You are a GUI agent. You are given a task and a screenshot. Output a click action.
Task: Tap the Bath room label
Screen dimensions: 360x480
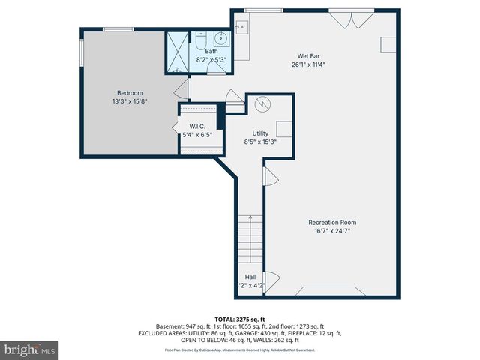[211, 52]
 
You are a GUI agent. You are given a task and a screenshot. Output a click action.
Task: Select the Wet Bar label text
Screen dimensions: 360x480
[308, 55]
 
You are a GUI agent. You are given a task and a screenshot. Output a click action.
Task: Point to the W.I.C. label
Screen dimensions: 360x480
[197, 127]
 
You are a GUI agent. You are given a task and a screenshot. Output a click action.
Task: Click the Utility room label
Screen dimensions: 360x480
[260, 133]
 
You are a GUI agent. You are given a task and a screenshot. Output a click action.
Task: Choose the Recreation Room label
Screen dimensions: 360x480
[332, 222]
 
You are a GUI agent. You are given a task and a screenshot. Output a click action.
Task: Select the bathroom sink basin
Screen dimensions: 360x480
[221, 40]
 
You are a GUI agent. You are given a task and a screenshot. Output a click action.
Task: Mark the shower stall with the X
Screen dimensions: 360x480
[178, 52]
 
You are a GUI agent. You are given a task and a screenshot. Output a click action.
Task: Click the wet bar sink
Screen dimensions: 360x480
[241, 28]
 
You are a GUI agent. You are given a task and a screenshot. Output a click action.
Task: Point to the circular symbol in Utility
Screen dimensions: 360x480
[262, 103]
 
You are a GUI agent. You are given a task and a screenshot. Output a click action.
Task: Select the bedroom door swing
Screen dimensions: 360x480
[181, 91]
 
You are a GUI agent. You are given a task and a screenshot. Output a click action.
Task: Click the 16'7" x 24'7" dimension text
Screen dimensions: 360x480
[332, 231]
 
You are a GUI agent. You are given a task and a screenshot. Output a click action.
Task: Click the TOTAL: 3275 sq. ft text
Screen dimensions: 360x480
[239, 319]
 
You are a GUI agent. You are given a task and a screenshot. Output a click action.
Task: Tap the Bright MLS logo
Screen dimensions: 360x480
[30, 349]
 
